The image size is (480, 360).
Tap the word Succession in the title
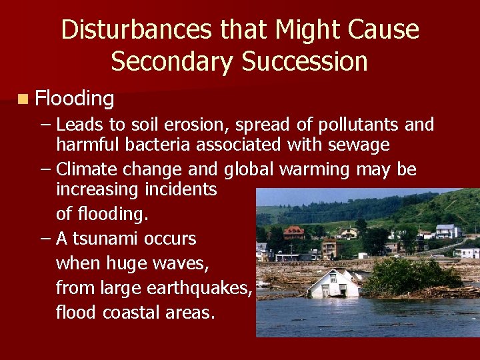[x=305, y=61]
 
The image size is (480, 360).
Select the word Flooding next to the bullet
[x=75, y=99]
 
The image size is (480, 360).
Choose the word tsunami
[x=111, y=239]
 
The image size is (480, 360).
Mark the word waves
[x=181, y=264]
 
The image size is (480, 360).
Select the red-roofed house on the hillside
[x=293, y=232]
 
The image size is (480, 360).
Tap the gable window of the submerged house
[x=333, y=277]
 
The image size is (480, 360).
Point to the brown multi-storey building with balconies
[x=331, y=249]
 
